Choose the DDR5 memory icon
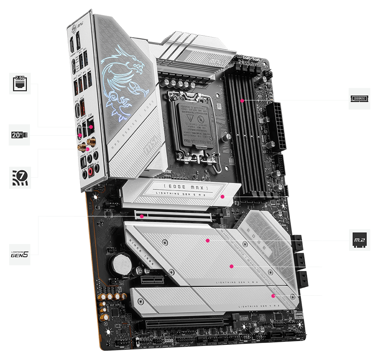tap(359, 99)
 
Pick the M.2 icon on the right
tap(359, 240)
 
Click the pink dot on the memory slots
tap(242, 101)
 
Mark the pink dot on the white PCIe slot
tap(141, 216)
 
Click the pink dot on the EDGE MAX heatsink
tap(223, 197)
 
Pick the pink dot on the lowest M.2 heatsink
tap(273, 295)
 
